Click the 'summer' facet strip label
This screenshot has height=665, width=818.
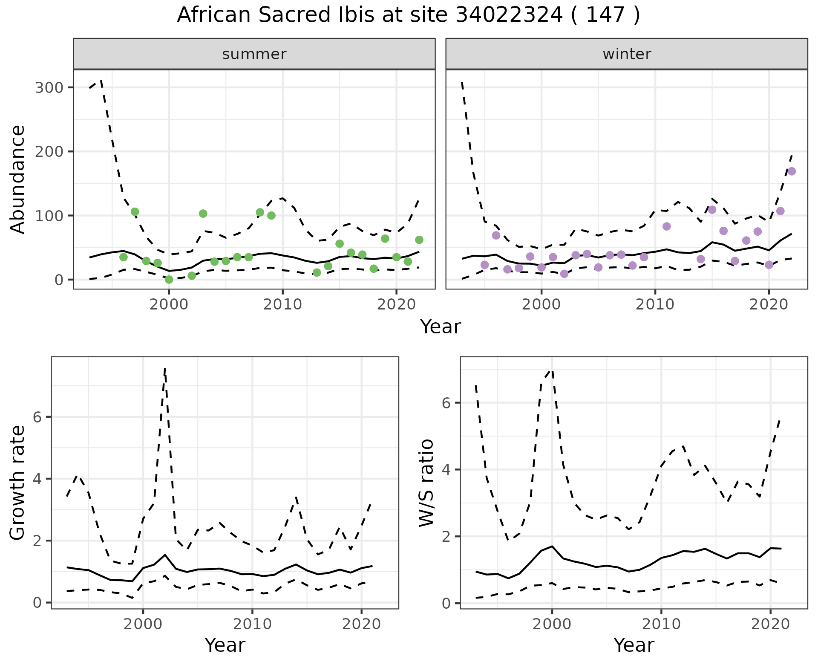[254, 54]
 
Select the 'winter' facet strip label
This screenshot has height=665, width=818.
[626, 54]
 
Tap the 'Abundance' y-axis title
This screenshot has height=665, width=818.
[18, 179]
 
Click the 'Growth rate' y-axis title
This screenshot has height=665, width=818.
[18, 483]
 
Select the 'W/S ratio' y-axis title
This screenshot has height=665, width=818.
[426, 483]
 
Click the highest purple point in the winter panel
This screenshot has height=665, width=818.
[792, 171]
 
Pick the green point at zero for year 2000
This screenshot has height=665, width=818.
[169, 280]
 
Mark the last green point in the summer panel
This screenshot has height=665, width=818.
[419, 240]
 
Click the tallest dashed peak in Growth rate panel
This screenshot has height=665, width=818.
[165, 369]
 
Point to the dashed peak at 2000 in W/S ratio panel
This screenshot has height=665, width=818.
[552, 370]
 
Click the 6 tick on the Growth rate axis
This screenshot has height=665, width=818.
[37, 417]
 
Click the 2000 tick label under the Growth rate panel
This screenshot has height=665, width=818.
[143, 624]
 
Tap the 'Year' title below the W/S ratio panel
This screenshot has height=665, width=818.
[634, 645]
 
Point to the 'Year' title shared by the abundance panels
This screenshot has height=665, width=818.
[441, 327]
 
